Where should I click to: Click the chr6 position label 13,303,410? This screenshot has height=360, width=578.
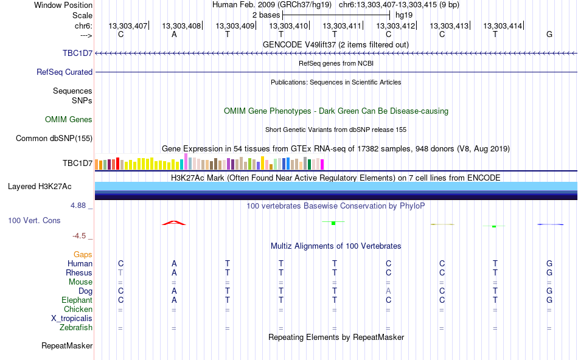click(288, 26)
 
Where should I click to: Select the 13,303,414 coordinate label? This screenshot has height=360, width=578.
click(503, 26)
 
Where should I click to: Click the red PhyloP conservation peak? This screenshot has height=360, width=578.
click(174, 223)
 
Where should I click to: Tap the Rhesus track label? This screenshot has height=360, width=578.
click(79, 272)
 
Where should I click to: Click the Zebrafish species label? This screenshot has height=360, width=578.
click(76, 327)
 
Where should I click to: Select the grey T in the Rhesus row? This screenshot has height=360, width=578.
click(120, 272)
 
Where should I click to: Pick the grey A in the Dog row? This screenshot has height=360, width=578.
click(388, 291)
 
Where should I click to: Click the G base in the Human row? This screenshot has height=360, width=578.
click(549, 263)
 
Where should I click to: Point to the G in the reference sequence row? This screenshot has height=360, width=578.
click(549, 34)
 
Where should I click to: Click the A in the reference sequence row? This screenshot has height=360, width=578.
click(174, 34)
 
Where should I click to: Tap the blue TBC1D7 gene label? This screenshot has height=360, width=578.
click(77, 53)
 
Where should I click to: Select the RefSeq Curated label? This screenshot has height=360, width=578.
click(64, 72)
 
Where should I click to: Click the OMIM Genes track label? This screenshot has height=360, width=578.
click(69, 119)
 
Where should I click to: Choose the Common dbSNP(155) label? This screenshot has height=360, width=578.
click(54, 138)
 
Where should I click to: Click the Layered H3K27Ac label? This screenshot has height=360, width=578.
click(40, 187)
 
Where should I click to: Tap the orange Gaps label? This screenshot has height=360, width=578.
click(83, 254)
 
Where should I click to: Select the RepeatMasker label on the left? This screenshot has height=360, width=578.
click(67, 345)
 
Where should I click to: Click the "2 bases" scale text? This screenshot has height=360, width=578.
click(266, 15)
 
